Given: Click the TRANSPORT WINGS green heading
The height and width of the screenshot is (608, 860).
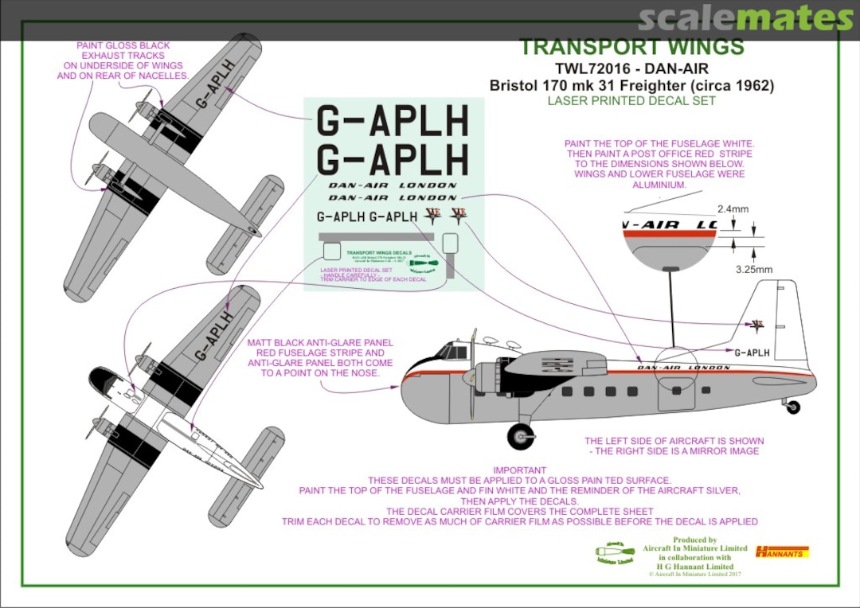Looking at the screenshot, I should (631, 46).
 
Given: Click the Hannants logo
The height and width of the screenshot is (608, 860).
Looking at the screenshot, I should (782, 551).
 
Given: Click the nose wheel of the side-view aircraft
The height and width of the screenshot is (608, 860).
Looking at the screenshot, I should (521, 435).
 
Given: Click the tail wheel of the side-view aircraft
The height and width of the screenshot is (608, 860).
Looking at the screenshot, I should (792, 407).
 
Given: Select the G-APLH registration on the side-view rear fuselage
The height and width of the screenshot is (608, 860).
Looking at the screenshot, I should (752, 353).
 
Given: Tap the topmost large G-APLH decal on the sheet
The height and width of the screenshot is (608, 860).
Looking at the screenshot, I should (393, 122).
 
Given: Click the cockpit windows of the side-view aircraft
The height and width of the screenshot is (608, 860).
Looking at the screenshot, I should (454, 350).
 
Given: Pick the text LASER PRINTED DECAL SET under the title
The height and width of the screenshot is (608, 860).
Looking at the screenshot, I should (631, 101).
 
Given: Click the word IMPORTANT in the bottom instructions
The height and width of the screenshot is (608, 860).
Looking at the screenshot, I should (519, 470).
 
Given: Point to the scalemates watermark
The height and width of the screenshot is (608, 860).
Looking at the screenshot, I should (745, 18).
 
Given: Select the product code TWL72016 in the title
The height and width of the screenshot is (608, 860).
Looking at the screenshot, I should (575, 68).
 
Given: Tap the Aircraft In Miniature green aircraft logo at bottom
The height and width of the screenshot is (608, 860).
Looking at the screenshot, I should (615, 552).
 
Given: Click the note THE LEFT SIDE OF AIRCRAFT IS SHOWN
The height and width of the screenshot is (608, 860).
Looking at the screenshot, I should (674, 441).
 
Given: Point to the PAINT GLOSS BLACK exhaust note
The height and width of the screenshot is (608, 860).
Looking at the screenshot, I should (123, 60).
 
